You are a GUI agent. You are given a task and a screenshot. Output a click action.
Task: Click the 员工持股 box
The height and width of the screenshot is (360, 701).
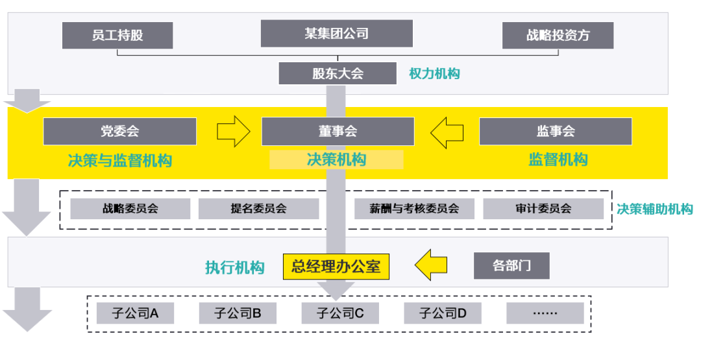(117, 35)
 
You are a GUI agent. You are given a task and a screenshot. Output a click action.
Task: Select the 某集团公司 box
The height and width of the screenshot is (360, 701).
(336, 33)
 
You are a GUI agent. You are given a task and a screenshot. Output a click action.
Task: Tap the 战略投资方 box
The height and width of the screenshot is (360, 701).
(558, 35)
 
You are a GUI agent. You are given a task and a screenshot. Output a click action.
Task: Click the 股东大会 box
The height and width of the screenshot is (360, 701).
(337, 73)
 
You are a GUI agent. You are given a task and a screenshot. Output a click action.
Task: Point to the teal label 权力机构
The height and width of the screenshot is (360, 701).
(434, 74)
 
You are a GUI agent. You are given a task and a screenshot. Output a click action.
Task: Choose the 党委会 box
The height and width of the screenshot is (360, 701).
(119, 131)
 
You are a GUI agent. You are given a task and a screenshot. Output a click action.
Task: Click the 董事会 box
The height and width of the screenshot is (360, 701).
(338, 131)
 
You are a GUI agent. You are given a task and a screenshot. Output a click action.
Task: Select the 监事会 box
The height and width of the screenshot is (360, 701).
(555, 131)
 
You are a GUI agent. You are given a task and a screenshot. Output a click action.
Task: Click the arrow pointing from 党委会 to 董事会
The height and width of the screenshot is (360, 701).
(233, 132)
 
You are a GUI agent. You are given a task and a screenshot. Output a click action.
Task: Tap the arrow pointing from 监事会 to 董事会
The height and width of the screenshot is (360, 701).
(447, 132)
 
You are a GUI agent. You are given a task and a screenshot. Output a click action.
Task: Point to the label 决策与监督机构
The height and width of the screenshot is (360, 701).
(120, 160)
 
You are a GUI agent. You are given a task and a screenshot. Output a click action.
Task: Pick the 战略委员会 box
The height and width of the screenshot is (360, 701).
(130, 209)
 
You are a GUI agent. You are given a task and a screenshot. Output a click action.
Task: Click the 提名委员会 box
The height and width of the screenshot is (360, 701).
(258, 209)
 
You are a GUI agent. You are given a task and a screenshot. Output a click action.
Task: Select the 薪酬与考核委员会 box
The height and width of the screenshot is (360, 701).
(414, 209)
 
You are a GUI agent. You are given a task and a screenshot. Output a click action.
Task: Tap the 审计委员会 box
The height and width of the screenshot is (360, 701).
(543, 209)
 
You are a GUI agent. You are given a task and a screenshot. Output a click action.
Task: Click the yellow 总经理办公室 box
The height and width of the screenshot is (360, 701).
(336, 266)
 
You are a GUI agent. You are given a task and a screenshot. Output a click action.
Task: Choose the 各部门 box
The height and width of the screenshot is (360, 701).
(511, 266)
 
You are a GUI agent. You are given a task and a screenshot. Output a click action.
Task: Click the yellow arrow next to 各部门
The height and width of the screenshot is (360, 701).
(431, 265)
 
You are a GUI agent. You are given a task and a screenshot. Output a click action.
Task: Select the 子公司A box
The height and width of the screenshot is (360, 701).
(136, 314)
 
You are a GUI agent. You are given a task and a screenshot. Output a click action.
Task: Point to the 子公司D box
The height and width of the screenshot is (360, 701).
(443, 314)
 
